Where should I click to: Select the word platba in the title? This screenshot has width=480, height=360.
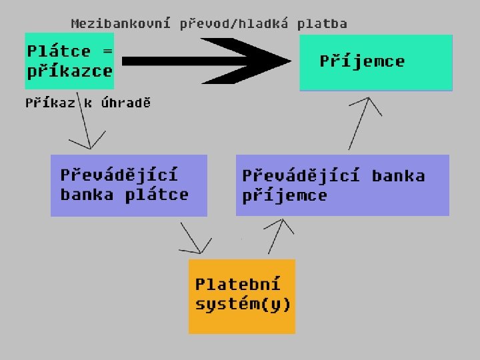322,24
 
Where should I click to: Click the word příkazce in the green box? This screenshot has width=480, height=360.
69,71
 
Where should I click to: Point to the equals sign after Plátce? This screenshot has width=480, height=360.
107,51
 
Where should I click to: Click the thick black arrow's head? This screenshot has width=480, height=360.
267,61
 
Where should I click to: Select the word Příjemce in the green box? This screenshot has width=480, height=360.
362,61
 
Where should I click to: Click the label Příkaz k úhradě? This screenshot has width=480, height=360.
88,103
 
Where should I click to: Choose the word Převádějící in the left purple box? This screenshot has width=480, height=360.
119,175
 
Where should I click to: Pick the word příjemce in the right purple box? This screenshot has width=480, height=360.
285,195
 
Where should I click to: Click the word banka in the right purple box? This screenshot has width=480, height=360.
398,176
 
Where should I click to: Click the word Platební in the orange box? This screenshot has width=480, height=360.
237,284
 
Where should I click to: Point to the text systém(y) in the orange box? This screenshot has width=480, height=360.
243,305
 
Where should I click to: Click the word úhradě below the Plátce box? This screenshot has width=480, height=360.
126,103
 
